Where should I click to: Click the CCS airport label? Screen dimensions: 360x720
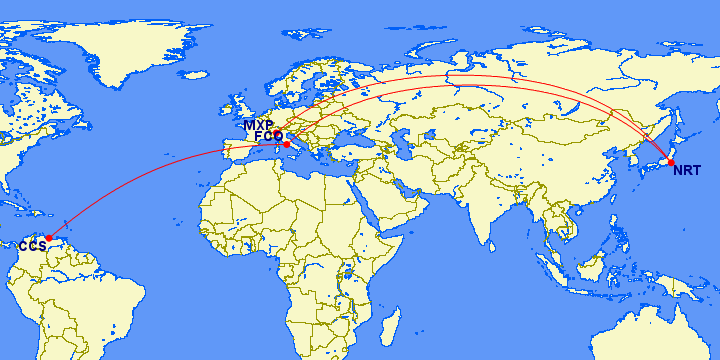point(32,246)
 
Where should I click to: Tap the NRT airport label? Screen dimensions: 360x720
point(687,170)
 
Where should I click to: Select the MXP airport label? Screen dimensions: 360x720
point(257,125)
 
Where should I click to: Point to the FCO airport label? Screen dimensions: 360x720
point(268,136)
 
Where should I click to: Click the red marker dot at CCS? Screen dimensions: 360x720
point(49,238)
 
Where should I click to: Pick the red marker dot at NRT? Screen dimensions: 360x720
point(671,162)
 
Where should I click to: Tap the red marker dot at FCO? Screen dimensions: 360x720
point(286,145)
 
